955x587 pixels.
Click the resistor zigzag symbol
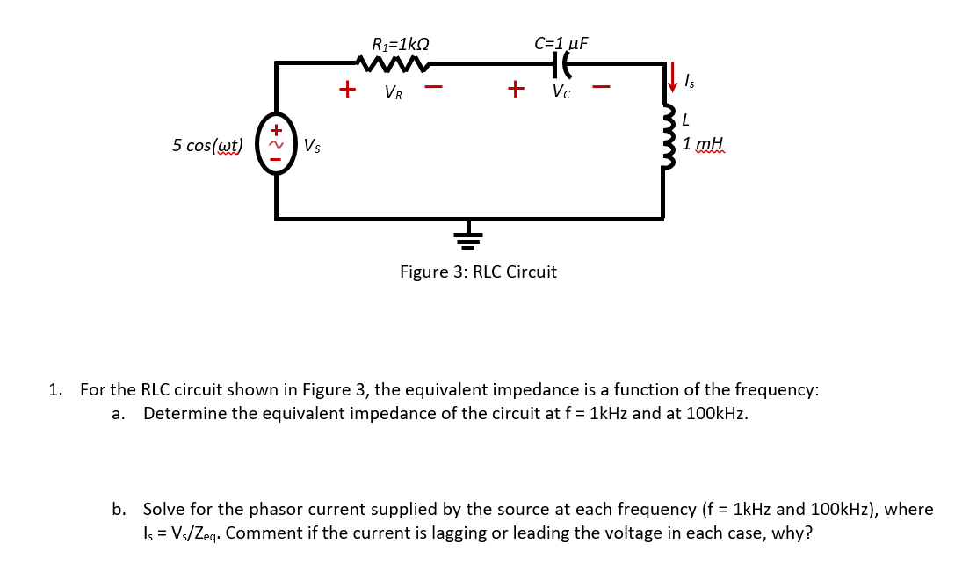(x=393, y=63)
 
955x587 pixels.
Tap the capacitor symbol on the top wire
(x=561, y=63)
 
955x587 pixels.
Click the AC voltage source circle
(x=275, y=145)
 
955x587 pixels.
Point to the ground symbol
(x=468, y=236)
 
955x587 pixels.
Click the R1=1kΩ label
(x=401, y=43)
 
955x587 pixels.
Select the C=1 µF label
(x=561, y=43)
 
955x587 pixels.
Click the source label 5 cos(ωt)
(x=207, y=145)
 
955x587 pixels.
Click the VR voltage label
(x=394, y=92)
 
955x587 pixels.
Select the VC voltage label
(x=561, y=92)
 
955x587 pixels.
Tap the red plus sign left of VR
(x=348, y=90)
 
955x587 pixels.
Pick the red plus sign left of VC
(x=516, y=90)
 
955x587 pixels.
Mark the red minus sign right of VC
(x=601, y=88)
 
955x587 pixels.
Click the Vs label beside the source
(x=312, y=146)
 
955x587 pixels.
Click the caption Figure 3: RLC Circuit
(x=478, y=272)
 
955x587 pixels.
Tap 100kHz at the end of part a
(x=714, y=414)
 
